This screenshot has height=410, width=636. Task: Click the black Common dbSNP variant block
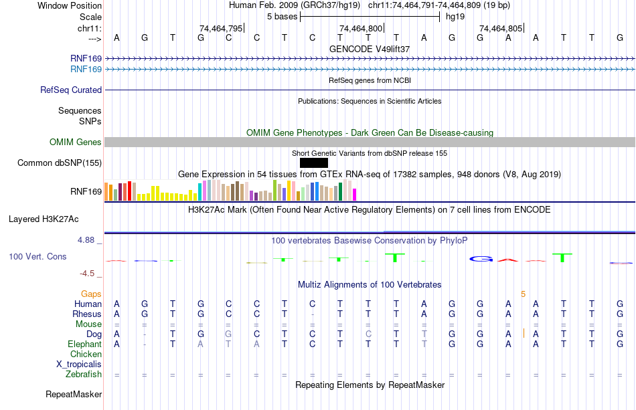314,163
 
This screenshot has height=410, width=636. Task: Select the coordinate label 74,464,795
221,28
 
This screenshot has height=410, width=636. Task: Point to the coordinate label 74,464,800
361,28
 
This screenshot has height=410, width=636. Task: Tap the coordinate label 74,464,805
501,28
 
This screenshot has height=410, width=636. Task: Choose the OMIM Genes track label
76,142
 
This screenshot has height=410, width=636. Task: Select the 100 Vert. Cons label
37,256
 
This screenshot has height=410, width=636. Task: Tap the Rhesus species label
88,314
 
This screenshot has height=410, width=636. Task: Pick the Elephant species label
84,344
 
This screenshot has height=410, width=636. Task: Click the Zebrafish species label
84,375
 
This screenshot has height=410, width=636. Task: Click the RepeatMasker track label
74,395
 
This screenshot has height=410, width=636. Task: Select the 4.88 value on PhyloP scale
90,239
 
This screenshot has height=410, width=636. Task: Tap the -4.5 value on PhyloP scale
91,273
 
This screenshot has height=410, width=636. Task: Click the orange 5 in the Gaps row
524,294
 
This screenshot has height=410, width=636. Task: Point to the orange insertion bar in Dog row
524,334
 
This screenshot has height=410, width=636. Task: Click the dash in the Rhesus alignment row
313,314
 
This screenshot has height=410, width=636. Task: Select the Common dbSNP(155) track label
60,163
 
